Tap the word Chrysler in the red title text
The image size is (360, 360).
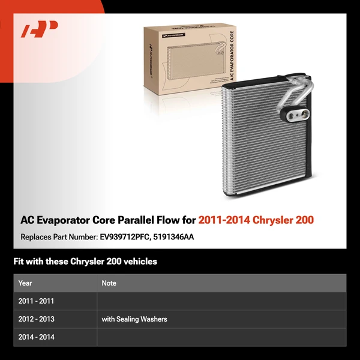tap(275, 220)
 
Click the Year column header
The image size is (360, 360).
tap(25, 283)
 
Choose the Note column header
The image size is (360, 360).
tap(109, 283)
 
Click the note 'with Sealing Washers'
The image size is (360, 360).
tap(134, 319)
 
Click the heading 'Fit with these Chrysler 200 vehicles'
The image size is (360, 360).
tap(85, 262)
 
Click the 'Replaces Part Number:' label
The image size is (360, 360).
tap(58, 237)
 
